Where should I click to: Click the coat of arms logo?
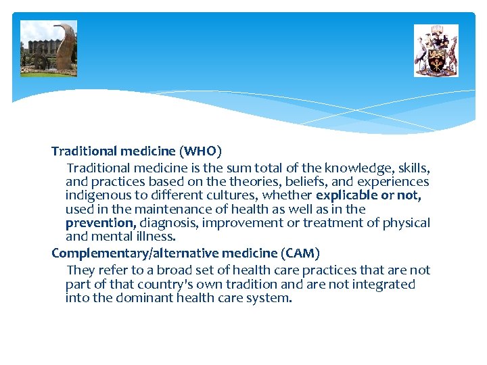(436, 51)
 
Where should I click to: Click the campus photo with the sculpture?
(49, 48)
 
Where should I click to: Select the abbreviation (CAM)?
(300, 253)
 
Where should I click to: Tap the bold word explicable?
(346, 195)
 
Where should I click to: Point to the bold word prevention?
(100, 222)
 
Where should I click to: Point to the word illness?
(156, 237)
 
